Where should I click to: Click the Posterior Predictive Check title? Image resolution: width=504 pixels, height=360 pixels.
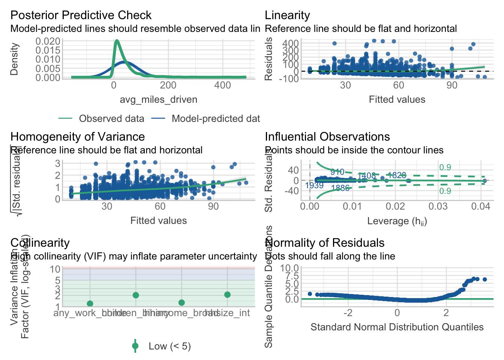coord(81,15)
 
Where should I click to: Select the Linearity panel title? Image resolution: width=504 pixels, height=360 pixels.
coord(287,15)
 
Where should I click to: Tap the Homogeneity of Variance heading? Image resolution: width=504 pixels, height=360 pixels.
coord(78,137)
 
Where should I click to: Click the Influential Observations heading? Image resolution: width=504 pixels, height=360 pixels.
coord(327,137)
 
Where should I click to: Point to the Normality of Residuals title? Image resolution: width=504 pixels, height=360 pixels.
coord(325,243)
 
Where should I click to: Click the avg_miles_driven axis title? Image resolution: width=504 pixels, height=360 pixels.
coord(158,100)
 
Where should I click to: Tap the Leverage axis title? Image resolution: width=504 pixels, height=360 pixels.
coord(397,221)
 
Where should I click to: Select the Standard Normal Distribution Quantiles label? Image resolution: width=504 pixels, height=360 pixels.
coord(397,327)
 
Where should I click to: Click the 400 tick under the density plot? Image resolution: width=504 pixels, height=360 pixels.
coord(222,85)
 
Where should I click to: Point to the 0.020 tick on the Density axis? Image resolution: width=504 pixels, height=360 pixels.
coord(48,41)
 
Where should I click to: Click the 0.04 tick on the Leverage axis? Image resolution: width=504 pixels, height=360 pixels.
coord(481,207)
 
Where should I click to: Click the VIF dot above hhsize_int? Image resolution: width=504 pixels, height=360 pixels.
coord(227,295)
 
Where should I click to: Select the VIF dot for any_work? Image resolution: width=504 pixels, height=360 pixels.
coord(90,303)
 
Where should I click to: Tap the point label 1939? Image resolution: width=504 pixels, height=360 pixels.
coord(314,186)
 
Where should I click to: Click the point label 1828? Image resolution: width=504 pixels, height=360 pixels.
coord(397,175)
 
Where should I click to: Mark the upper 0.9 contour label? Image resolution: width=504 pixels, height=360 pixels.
coord(445,168)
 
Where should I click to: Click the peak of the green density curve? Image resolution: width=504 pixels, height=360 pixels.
coord(117,41)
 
